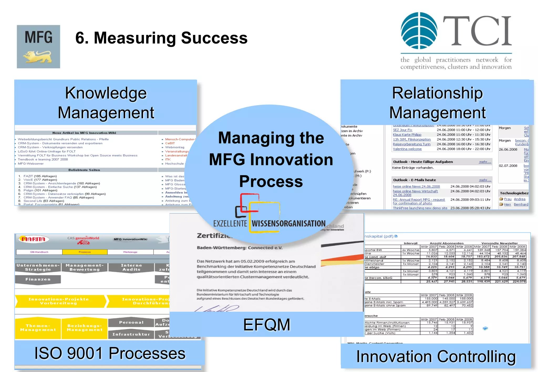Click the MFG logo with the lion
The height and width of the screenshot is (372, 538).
[38, 47]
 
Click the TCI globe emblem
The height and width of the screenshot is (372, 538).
[419, 31]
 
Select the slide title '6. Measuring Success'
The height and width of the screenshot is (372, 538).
[161, 38]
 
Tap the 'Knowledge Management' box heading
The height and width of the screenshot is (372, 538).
[106, 103]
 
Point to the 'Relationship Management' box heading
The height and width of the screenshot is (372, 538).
[437, 103]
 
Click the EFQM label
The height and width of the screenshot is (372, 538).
[267, 325]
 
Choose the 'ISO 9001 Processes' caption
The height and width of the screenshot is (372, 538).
[110, 353]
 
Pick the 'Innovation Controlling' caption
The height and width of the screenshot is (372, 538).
[436, 357]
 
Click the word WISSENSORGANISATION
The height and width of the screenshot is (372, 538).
[288, 224]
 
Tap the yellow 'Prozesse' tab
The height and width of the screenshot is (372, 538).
[85, 252]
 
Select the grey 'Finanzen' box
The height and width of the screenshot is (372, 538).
[38, 279]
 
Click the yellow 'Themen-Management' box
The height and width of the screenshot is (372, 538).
[38, 328]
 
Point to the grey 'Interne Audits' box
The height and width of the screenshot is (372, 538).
[131, 267]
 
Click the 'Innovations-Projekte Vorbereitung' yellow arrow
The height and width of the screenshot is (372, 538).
[59, 301]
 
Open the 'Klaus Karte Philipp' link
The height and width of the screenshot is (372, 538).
[407, 135]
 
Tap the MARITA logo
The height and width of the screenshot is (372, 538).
[33, 239]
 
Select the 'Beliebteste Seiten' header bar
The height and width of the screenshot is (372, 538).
[84, 170]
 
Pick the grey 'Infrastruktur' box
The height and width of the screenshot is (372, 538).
[131, 334]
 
